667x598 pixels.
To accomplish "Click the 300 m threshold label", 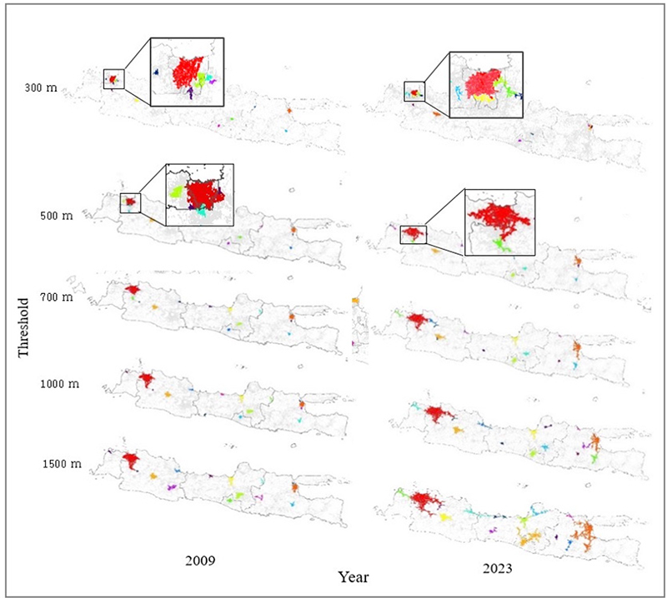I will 41,87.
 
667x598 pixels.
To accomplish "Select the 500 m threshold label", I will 56,216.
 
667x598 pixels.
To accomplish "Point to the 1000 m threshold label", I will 58,384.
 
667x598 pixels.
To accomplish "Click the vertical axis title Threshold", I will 24,326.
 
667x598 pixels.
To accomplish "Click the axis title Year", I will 354,576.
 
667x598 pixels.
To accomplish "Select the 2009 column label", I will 201,561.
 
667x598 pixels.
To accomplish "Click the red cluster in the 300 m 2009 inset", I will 188,72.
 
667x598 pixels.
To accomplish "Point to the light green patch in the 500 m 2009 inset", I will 176,192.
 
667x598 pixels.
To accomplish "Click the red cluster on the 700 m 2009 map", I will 132,290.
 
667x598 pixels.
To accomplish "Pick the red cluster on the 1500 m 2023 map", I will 427,501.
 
